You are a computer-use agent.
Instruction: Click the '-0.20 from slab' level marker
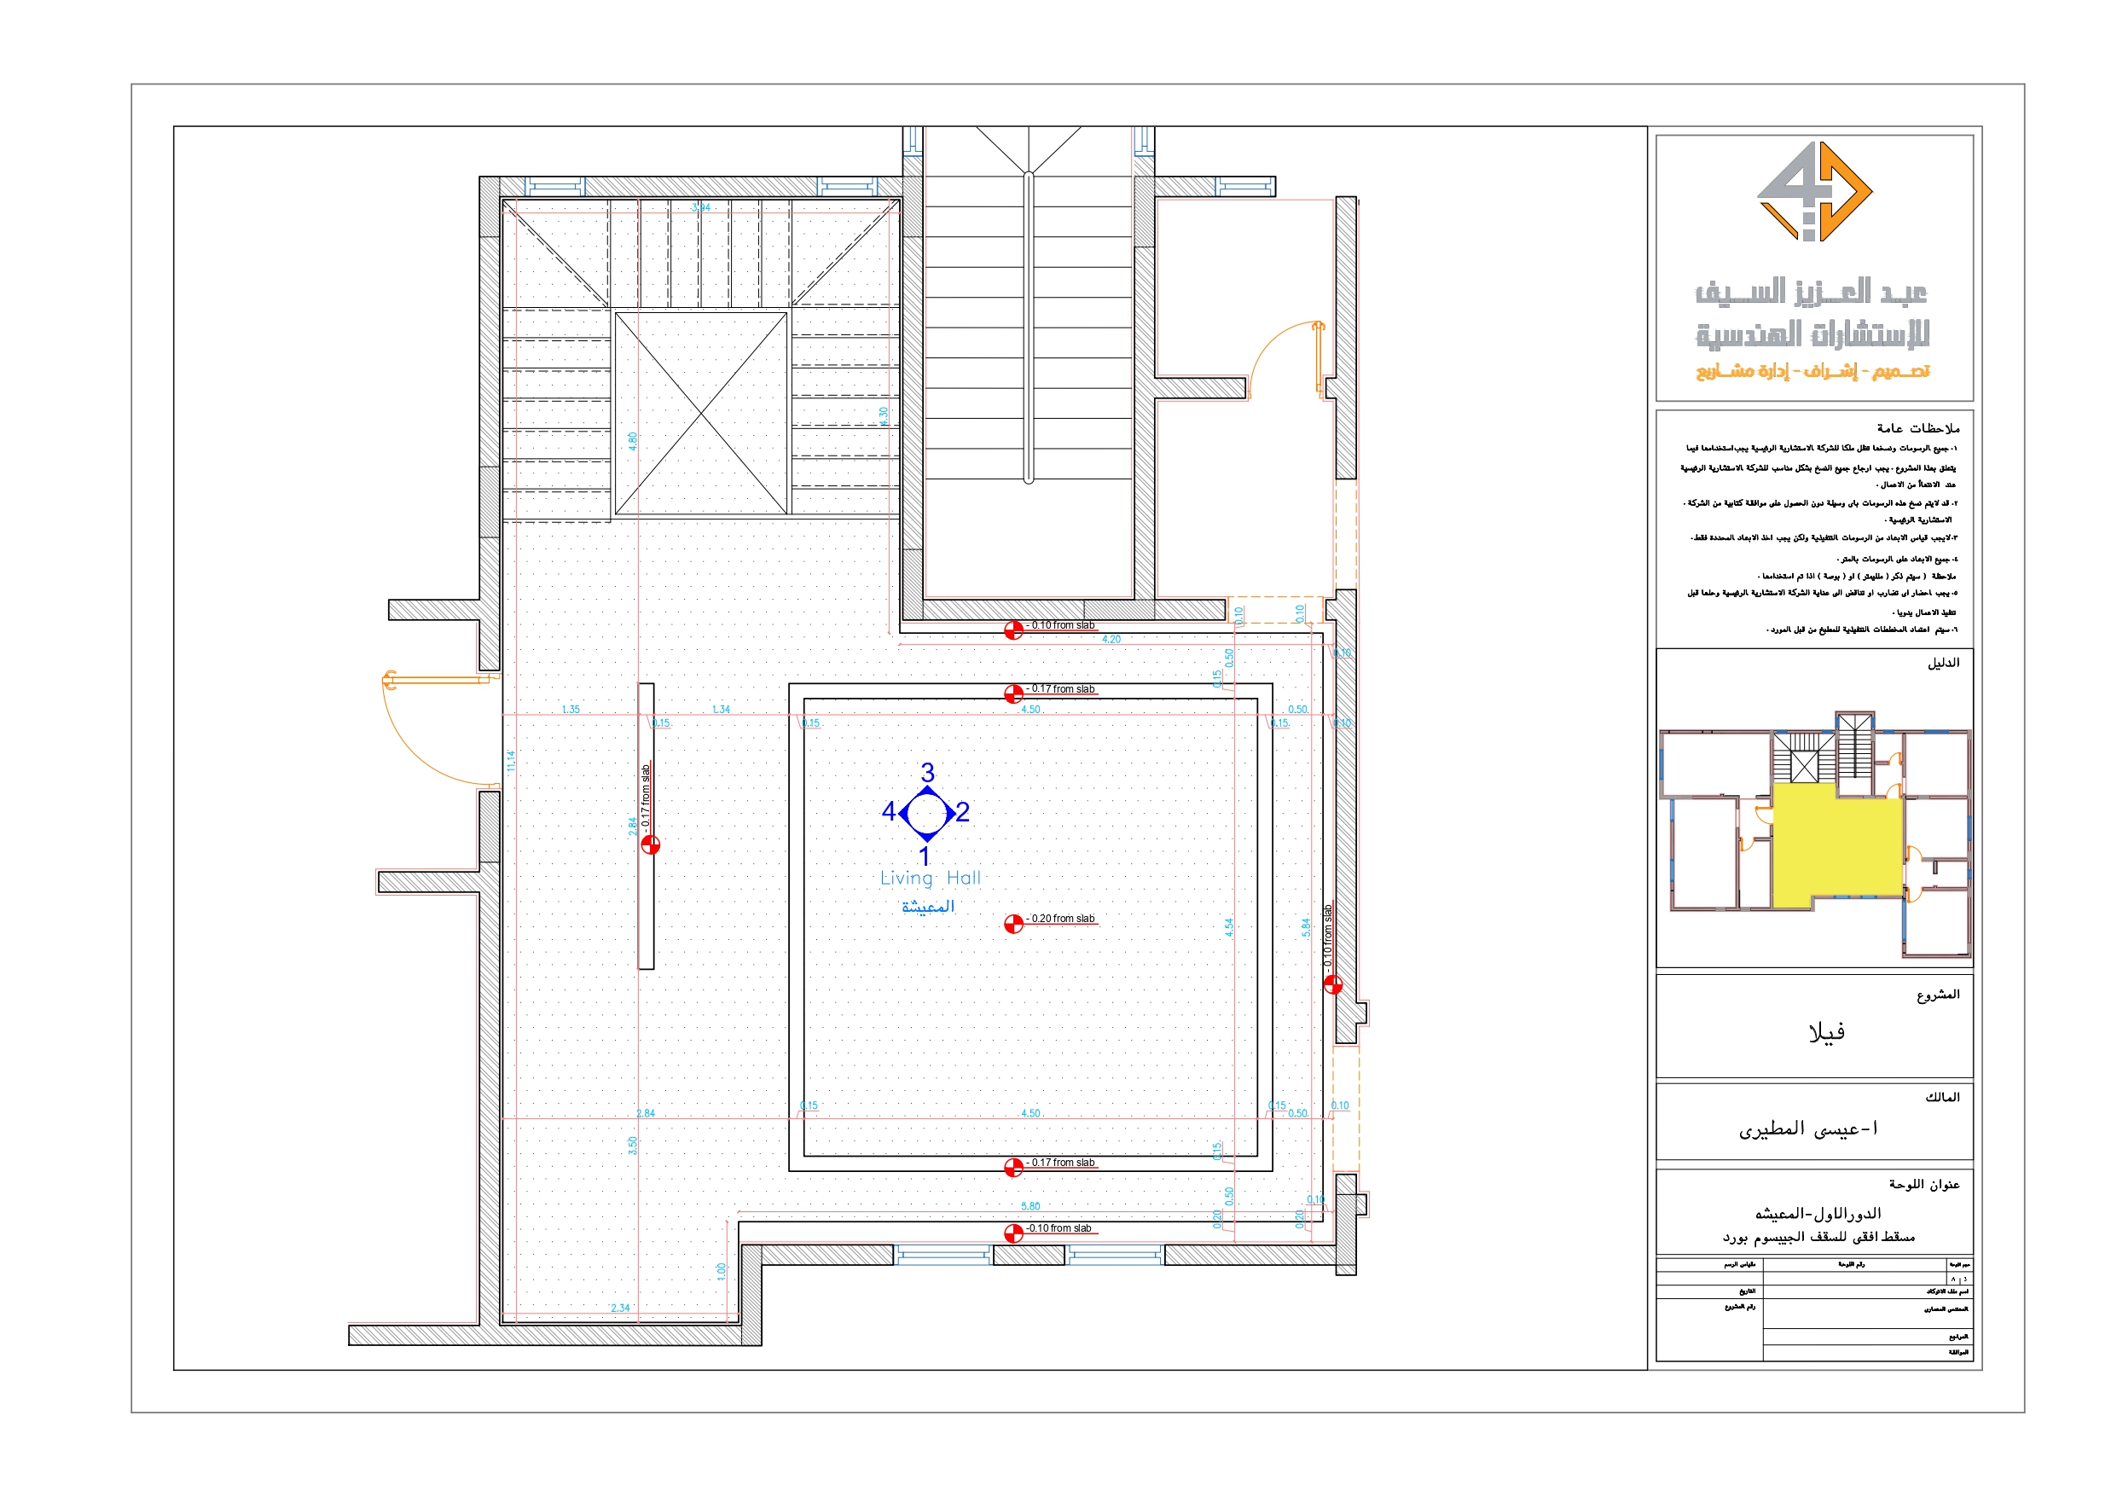point(1060,920)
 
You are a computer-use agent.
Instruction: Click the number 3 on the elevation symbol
point(927,772)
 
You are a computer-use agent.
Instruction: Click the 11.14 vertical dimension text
point(511,760)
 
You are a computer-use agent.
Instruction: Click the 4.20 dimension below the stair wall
point(1111,639)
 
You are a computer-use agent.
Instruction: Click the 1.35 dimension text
point(571,710)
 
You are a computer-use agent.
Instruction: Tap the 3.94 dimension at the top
point(701,207)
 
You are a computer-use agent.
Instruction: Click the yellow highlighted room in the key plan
point(1835,844)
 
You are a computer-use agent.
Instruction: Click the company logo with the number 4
point(1813,192)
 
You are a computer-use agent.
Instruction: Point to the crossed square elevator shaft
point(701,413)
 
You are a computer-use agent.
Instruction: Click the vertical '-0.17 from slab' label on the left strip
point(646,794)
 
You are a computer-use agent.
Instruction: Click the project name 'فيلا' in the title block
point(1825,1032)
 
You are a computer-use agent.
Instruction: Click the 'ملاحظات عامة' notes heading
point(1918,428)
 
